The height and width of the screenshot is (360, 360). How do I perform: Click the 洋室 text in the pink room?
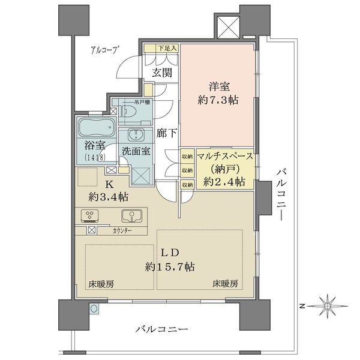[220, 86]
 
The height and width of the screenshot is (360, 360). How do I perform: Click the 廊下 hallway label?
[166, 133]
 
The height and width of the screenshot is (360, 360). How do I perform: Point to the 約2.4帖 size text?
[224, 181]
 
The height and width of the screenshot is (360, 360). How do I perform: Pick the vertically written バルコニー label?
[283, 195]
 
